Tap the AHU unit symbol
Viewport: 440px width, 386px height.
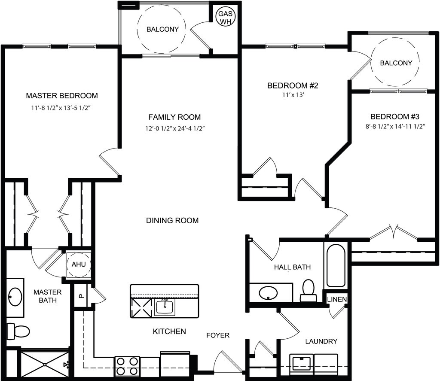[x=79, y=264]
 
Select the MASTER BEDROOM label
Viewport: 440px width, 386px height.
[x=62, y=96]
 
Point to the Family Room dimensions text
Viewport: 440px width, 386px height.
[x=175, y=129]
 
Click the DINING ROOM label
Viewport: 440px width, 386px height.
[x=172, y=221]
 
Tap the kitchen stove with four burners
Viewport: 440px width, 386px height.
[x=127, y=366]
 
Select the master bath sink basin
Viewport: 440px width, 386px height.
[x=15, y=297]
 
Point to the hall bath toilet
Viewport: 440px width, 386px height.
[x=308, y=291]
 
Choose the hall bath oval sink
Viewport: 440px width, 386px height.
[x=268, y=293]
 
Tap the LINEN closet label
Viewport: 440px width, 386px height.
[x=337, y=299]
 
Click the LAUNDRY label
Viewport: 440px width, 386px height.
[x=321, y=341]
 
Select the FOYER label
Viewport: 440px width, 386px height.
[x=218, y=335]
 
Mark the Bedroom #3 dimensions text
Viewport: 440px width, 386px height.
[x=395, y=126]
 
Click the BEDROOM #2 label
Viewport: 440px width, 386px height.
[x=293, y=85]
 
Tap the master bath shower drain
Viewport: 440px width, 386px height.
[x=45, y=365]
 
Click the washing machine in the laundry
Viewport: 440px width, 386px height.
[x=301, y=364]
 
